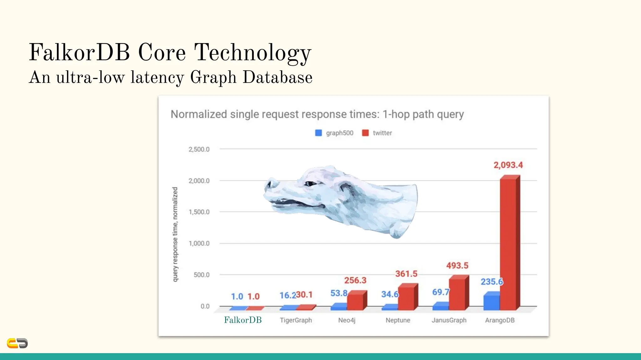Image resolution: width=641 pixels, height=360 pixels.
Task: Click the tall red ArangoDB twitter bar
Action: coord(508,244)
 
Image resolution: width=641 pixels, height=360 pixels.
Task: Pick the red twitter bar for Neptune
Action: coord(406,297)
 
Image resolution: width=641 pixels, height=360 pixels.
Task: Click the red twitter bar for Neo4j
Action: coord(355,301)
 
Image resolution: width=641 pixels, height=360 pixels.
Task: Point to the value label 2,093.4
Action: coord(508,165)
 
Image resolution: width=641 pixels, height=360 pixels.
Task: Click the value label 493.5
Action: coord(457,266)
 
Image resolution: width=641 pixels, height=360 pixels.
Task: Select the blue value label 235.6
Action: coord(491,282)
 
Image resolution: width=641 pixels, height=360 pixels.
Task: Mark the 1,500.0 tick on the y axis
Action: coord(199,212)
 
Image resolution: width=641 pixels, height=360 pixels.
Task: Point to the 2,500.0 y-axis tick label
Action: coord(199,149)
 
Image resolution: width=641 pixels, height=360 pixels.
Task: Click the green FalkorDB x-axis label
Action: coord(243,320)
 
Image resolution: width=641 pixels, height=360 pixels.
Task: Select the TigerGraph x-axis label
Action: coord(296,320)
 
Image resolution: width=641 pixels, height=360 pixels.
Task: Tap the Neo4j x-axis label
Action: coord(347,320)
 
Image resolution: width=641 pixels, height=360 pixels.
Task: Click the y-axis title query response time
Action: coord(175,234)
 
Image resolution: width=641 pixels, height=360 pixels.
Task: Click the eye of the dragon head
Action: coord(311,184)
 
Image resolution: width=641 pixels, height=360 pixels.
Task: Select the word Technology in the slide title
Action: coord(253,52)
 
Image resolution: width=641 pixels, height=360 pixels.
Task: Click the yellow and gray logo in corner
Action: coord(17,343)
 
